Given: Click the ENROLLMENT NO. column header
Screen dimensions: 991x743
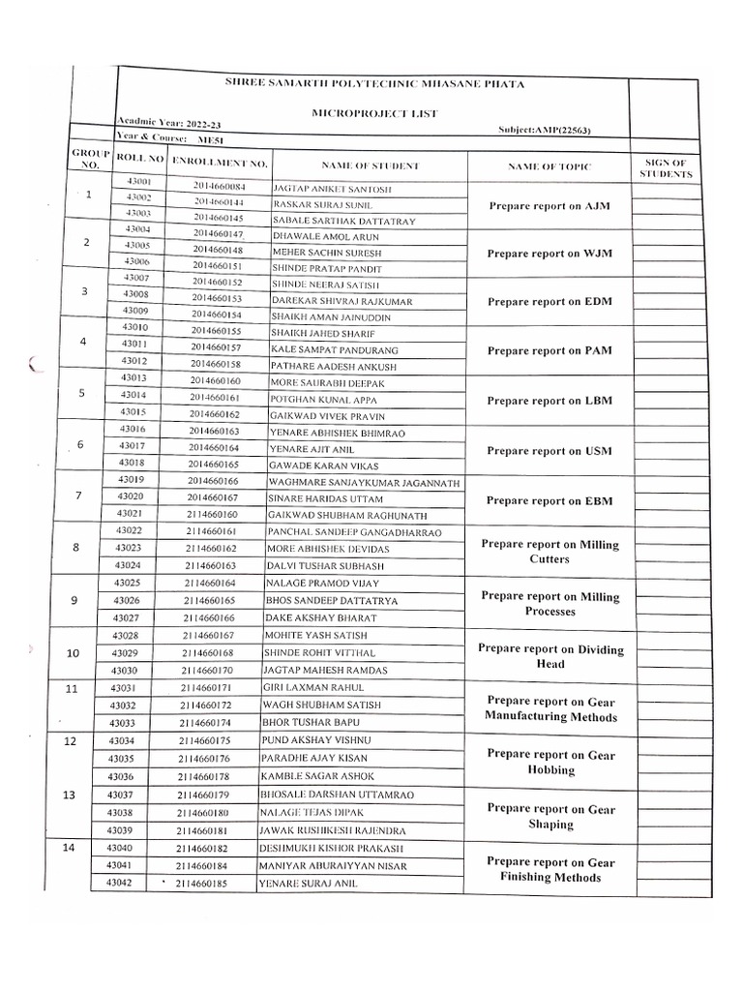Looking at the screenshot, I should tap(220, 162).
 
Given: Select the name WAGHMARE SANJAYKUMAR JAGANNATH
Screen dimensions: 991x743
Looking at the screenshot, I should tap(363, 483).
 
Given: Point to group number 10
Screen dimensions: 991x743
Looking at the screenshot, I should tap(74, 653).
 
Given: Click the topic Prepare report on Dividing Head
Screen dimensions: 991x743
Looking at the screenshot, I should tap(550, 657).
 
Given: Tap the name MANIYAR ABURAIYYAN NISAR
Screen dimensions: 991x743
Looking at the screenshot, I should tap(332, 866).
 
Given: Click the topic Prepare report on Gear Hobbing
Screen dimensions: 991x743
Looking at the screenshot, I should tap(550, 762).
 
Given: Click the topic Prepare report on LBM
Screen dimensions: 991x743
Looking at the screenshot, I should tap(549, 401).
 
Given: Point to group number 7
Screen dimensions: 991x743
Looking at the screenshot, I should tap(77, 495).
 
